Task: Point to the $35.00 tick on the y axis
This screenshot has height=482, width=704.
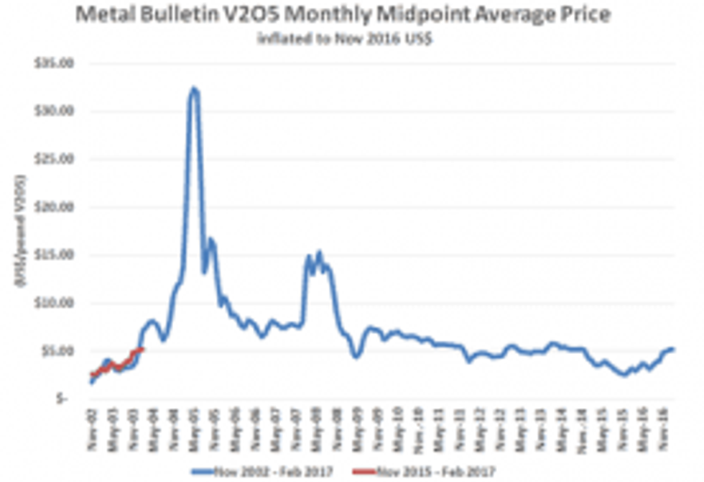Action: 57,63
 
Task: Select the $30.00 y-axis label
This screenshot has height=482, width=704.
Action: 57,112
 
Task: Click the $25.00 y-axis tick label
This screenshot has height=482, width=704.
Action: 57,159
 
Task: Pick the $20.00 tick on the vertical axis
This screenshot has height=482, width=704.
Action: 57,207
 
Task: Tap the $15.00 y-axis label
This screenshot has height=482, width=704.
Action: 57,255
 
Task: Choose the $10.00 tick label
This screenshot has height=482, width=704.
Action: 57,303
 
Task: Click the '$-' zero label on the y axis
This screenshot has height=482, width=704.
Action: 63,399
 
